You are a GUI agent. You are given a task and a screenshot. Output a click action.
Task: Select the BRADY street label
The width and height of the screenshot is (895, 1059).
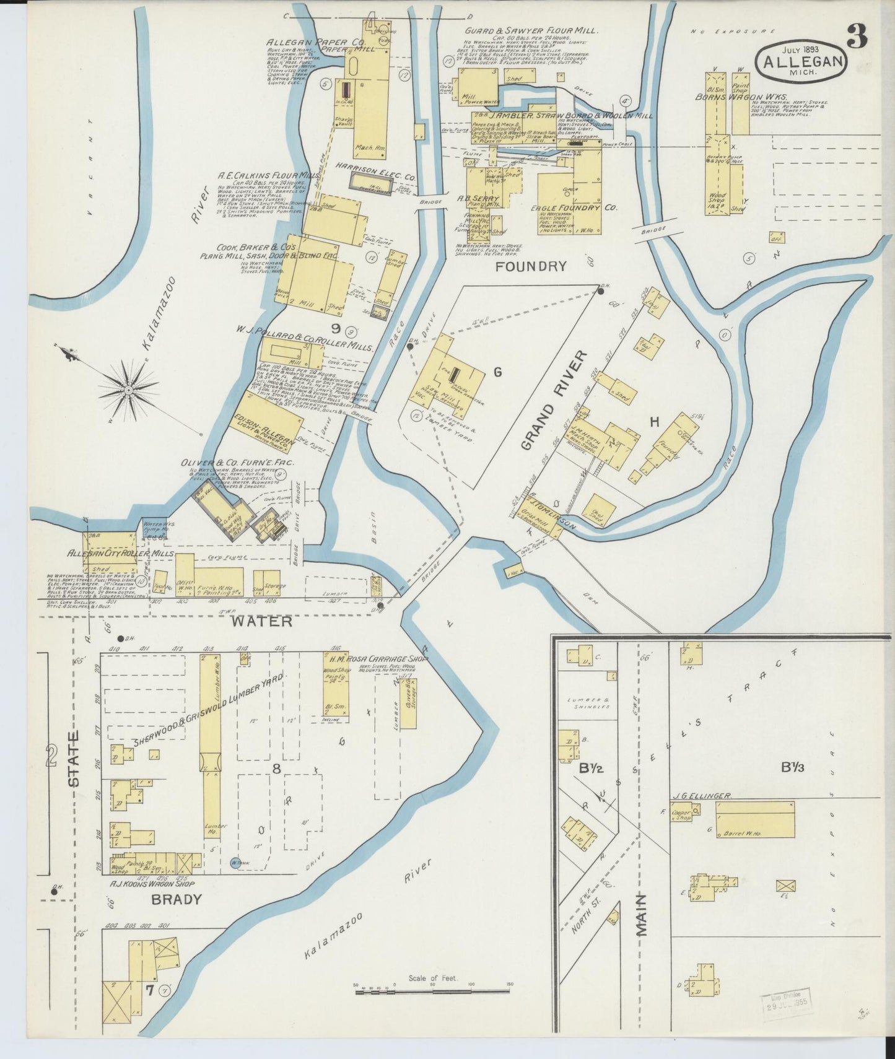177,899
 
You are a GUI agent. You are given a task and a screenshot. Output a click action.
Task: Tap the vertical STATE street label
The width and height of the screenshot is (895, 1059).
74,759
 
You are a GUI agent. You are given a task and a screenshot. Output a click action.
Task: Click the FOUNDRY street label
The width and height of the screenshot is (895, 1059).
531,266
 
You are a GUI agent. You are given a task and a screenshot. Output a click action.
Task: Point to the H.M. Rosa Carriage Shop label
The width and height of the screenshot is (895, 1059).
379,659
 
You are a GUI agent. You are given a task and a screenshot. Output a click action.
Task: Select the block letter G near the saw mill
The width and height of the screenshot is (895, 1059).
496,372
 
